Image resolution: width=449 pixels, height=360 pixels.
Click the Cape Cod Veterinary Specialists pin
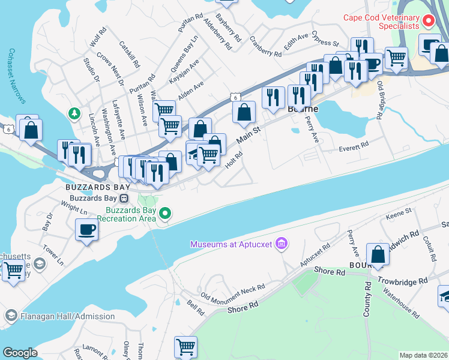tap(429, 22)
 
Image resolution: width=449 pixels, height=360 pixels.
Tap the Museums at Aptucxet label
tap(232, 244)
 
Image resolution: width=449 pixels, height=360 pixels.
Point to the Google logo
tap(20, 353)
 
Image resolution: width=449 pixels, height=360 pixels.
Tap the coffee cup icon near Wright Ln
tap(87, 229)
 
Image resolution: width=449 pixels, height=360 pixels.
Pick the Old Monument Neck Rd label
tap(232, 292)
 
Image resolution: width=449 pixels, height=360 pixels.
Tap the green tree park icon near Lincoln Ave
tap(73, 113)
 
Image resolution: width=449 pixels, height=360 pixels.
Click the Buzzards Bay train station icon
tap(124, 198)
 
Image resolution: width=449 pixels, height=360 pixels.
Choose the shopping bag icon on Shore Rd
tap(378, 254)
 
